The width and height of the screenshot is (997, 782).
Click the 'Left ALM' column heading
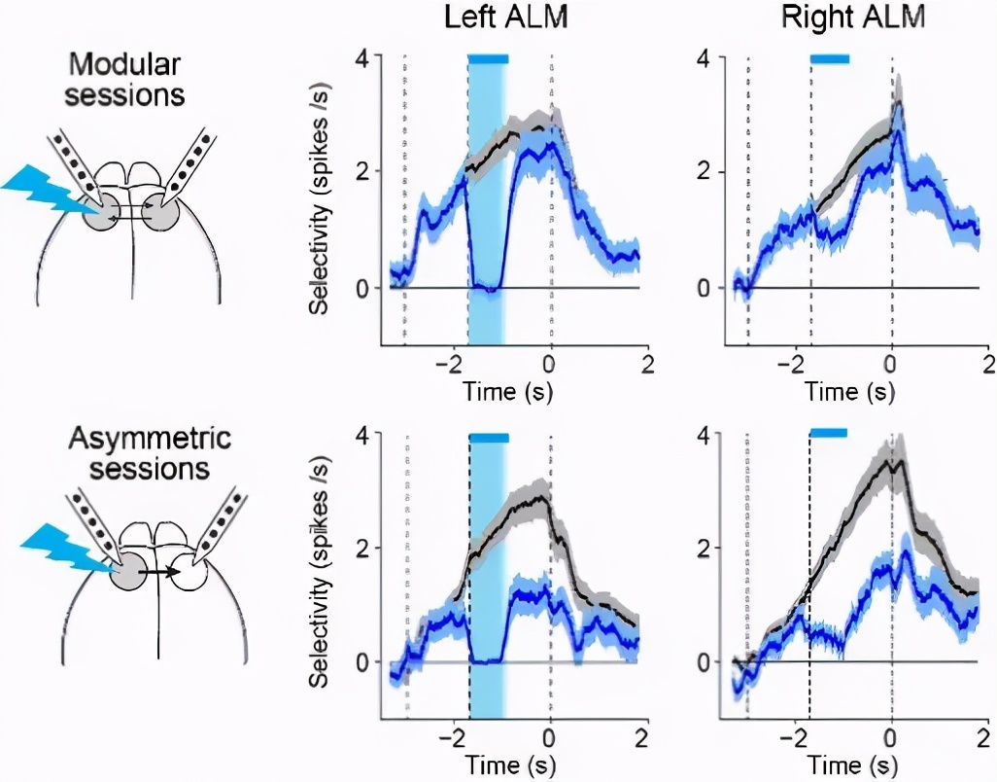[503, 19]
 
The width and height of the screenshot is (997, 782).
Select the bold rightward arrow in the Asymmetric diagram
[160, 572]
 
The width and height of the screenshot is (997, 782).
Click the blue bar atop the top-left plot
[488, 59]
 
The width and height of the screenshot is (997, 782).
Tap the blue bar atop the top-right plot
[830, 59]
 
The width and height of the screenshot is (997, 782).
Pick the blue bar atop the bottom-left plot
[489, 438]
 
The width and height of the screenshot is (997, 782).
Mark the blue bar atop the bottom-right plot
[828, 433]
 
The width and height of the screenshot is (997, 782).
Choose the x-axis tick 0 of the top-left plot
[551, 365]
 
